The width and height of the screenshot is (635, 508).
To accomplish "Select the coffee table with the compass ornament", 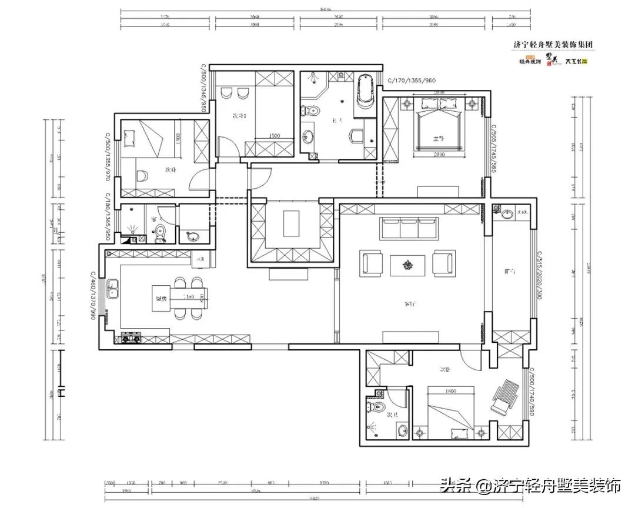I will pos(407,265).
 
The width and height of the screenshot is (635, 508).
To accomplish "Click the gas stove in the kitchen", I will pos(130,337).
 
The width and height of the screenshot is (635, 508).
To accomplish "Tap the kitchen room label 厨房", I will pos(159,299).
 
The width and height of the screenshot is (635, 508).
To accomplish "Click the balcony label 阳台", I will pos(510,272).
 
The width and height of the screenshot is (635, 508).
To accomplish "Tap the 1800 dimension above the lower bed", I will pos(451,390).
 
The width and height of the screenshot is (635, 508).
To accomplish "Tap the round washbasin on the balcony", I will pos(498,212).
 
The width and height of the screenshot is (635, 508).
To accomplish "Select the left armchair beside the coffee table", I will pos(372,263).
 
